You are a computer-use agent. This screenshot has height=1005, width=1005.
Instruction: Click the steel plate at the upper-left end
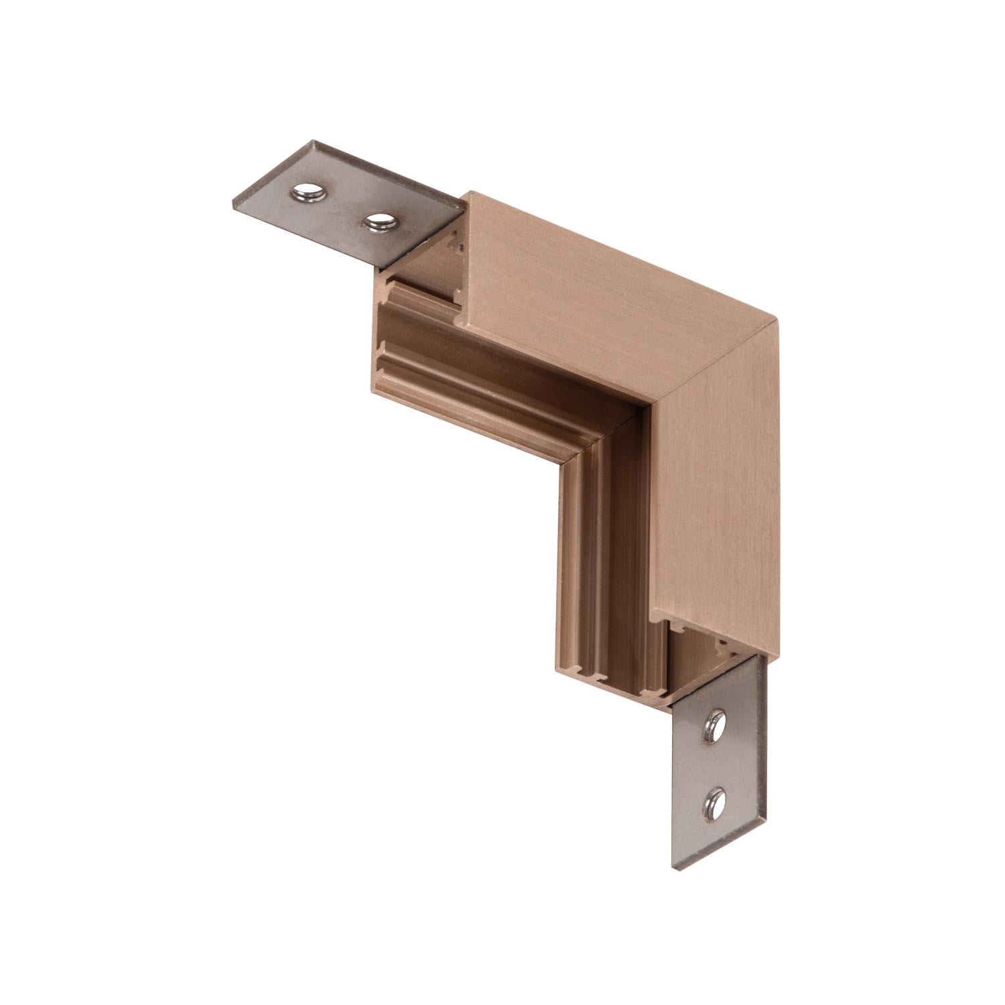click(342, 201)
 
